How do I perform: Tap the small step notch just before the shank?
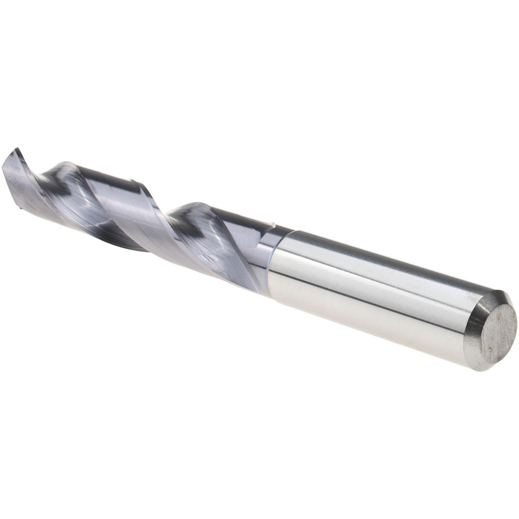pyautogui.click(x=271, y=224)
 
